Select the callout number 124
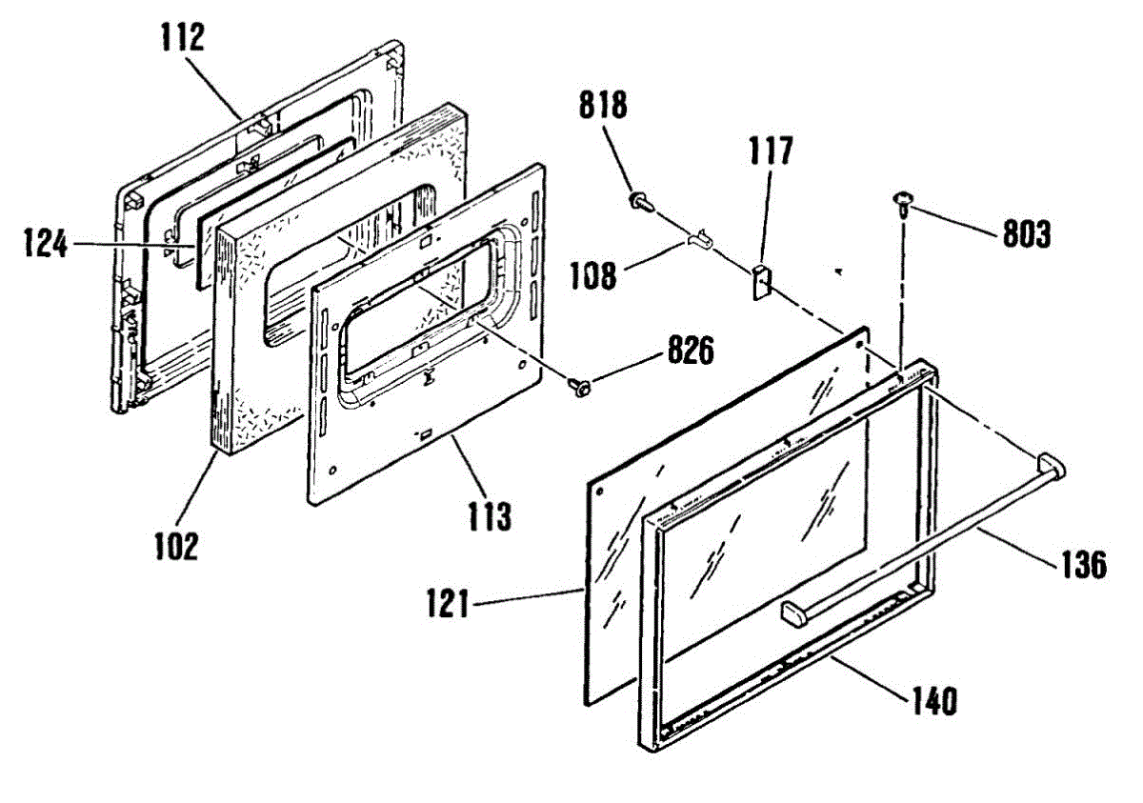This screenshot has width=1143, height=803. pos(46,245)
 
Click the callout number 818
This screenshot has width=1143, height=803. pos(605,105)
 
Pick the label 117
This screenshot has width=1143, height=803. pos(771,151)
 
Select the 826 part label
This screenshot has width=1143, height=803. pos(690,352)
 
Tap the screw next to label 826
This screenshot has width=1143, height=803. pos(577,386)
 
